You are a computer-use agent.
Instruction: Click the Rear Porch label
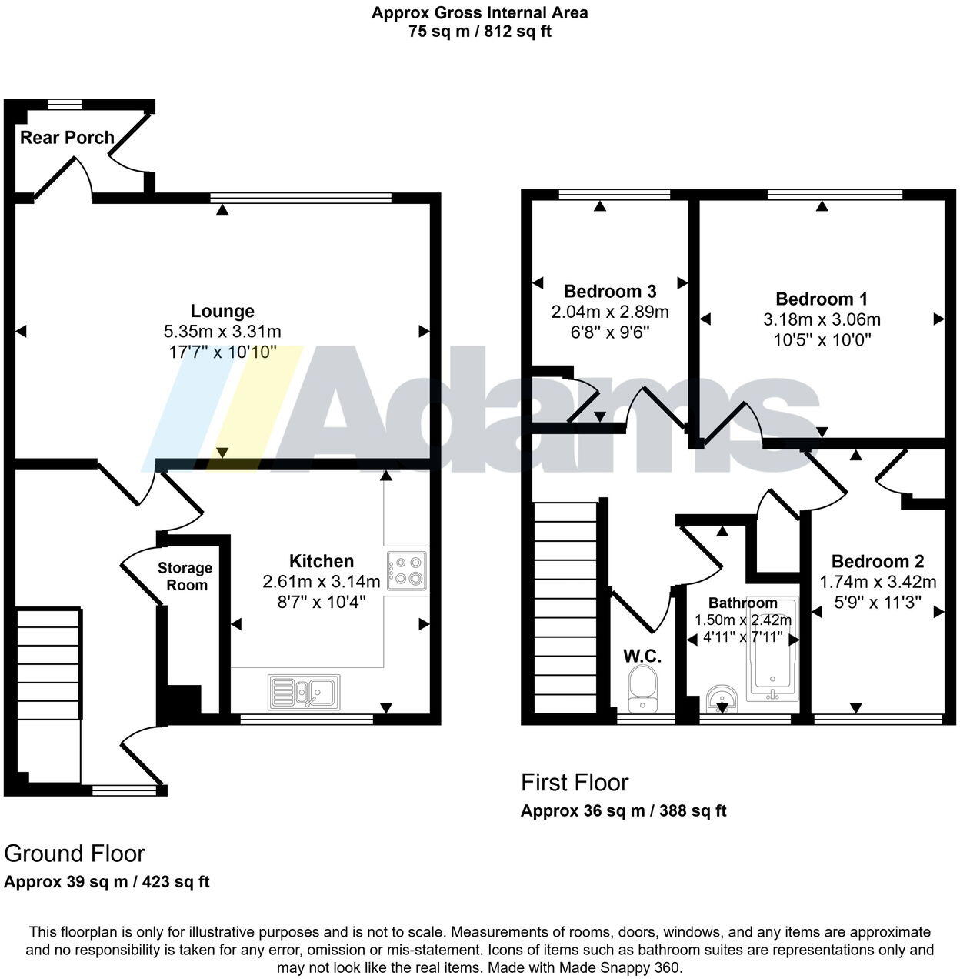(x=67, y=138)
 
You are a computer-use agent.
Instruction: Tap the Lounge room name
(x=222, y=311)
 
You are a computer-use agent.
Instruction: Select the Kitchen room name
(x=322, y=561)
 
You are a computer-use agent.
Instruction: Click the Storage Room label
(x=185, y=576)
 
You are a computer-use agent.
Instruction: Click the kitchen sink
(x=305, y=692)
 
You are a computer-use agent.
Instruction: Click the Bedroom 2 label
(x=878, y=561)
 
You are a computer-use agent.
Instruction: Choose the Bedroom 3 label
(x=609, y=291)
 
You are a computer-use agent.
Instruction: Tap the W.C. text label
(x=642, y=656)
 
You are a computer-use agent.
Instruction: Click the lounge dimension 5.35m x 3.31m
(x=222, y=332)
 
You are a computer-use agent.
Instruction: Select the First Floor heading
(x=575, y=783)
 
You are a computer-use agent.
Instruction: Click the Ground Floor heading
(x=75, y=854)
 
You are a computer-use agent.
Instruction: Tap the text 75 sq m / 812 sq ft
(x=480, y=32)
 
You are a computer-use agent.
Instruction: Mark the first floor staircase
(x=565, y=608)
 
